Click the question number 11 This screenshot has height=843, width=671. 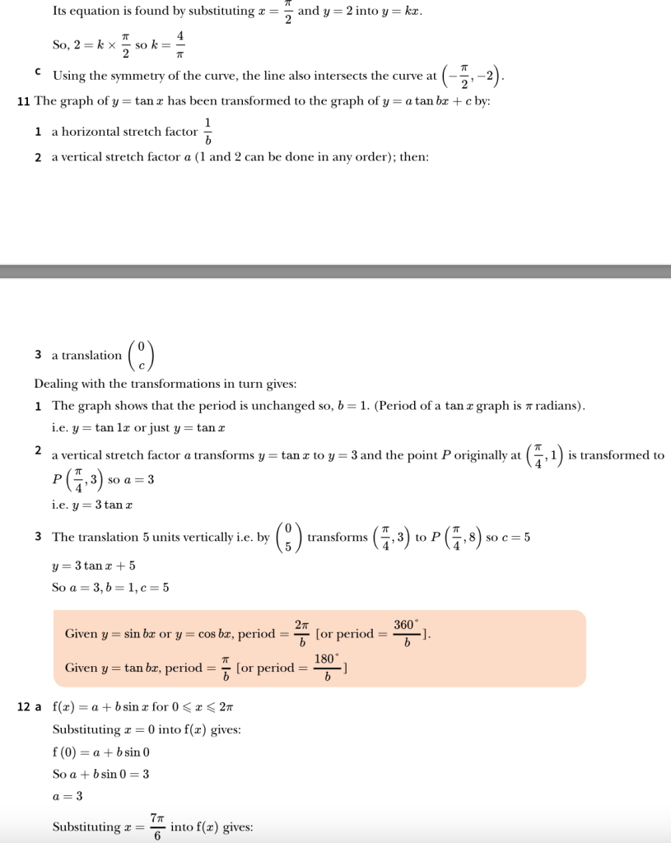(24, 102)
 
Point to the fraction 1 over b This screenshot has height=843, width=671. (208, 132)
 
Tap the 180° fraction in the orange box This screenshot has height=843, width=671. (327, 668)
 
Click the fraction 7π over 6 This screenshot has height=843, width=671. (157, 827)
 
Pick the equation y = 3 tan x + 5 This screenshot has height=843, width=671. (93, 566)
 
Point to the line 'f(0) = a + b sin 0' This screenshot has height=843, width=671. (100, 752)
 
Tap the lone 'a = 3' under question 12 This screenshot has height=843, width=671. (68, 796)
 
